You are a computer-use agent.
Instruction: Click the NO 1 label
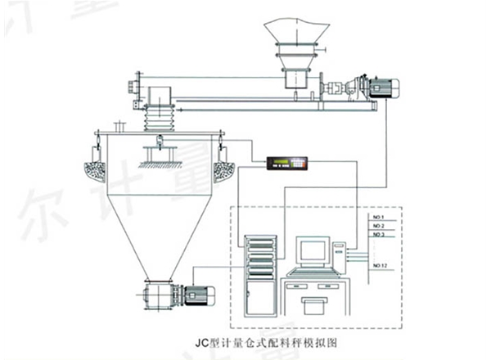(x=377, y=217)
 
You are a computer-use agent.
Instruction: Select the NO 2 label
(x=377, y=226)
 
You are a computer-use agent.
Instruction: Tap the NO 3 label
(x=378, y=235)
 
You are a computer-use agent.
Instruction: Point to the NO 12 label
(x=379, y=266)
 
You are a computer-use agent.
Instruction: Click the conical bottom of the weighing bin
(x=155, y=229)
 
